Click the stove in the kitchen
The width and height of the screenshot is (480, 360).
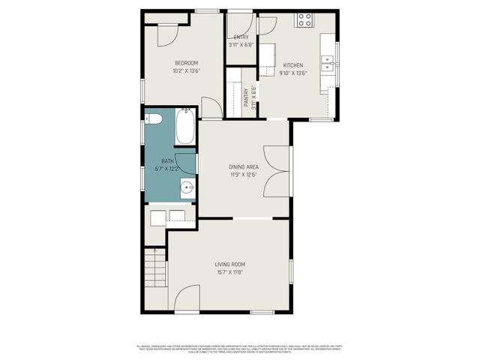tap(304, 20)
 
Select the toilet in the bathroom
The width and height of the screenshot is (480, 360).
tap(153, 118)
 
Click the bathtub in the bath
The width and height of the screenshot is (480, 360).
tap(185, 126)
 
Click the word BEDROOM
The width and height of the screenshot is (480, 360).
tap(186, 62)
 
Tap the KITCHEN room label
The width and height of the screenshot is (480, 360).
tap(292, 65)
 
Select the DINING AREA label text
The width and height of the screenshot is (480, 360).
tap(244, 167)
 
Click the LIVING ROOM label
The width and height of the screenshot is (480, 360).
tap(229, 264)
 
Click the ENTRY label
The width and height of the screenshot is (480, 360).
tap(241, 37)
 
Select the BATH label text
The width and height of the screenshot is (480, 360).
tap(167, 160)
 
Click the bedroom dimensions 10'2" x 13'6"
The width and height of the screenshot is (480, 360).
tap(186, 71)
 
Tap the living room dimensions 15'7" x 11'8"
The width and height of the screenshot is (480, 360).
tap(229, 273)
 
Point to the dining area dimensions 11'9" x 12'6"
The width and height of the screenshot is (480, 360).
tap(244, 175)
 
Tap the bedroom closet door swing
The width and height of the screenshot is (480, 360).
tap(166, 35)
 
